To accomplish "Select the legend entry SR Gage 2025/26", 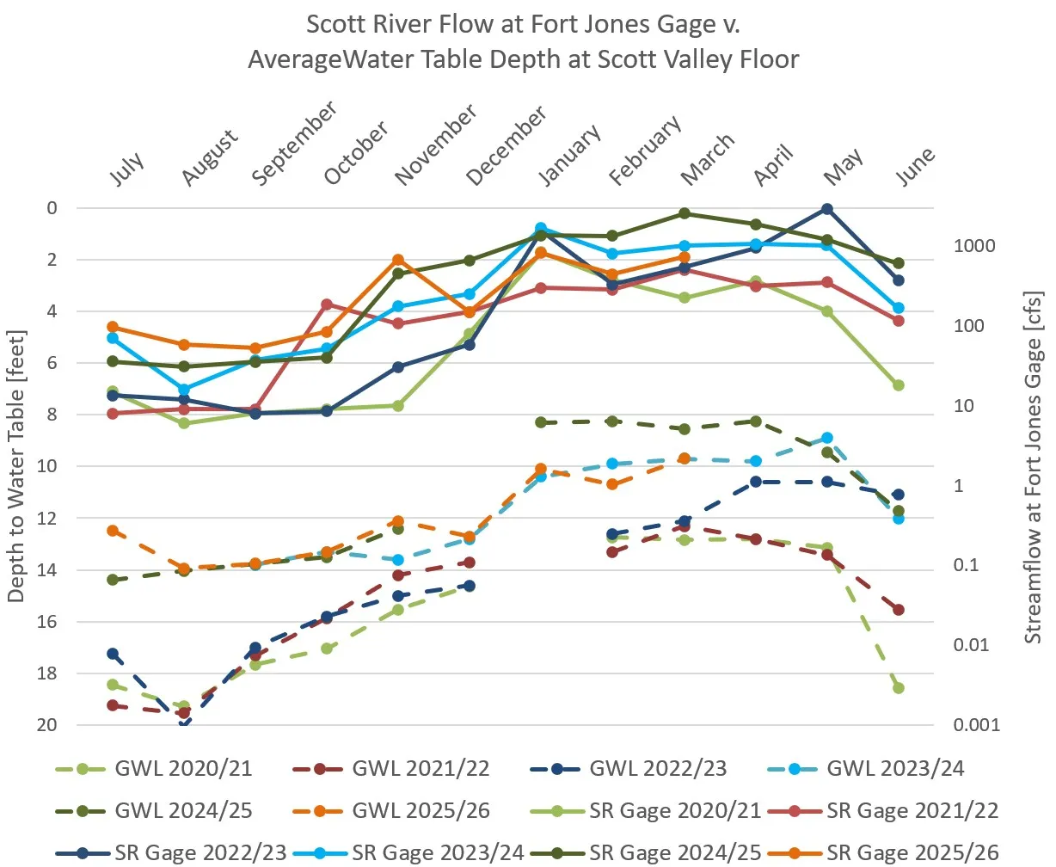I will click(x=912, y=852).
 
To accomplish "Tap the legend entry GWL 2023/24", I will click(x=894, y=768).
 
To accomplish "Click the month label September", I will click(x=294, y=144).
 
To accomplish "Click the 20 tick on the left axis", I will click(x=47, y=725).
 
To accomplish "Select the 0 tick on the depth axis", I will click(x=52, y=208).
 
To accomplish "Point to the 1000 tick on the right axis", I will click(x=974, y=246).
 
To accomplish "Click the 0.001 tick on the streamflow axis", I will click(x=977, y=725).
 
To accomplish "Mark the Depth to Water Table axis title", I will click(x=16, y=465).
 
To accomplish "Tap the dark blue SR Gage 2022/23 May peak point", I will click(x=827, y=209).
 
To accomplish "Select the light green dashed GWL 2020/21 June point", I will click(x=899, y=688).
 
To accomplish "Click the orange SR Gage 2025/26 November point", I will click(x=398, y=260).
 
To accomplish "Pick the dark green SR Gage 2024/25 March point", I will click(x=685, y=213).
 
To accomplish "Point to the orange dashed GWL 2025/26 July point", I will click(x=113, y=531).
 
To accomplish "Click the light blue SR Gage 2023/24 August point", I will click(x=184, y=390).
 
